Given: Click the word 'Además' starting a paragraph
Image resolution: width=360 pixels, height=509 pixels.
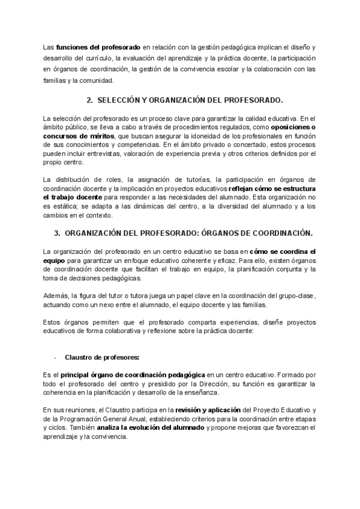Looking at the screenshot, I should (x=56, y=295).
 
